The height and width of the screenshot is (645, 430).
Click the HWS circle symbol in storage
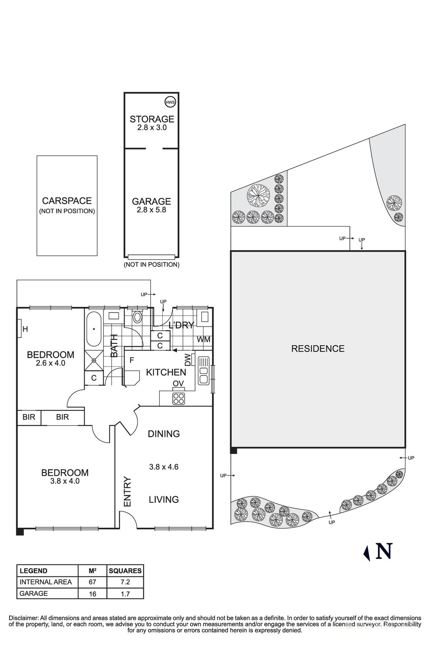[170, 102]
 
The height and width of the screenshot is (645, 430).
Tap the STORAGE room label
[152, 119]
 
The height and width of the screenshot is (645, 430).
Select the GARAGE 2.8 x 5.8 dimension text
[152, 210]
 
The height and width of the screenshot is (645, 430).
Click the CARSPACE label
[67, 201]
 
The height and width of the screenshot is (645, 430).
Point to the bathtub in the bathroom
[94, 329]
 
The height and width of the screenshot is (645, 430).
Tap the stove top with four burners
[179, 399]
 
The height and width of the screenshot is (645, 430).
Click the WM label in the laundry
[204, 339]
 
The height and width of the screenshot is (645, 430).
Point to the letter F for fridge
[131, 360]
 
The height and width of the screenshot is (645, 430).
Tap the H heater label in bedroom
[25, 329]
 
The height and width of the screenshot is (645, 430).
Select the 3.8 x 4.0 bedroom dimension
[65, 481]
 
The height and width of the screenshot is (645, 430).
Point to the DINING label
[164, 434]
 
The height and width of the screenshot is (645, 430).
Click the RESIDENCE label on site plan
[318, 349]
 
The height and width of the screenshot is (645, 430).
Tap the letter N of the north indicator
[384, 551]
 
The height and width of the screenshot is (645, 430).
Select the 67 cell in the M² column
[93, 582]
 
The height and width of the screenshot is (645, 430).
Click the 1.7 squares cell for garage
[125, 593]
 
